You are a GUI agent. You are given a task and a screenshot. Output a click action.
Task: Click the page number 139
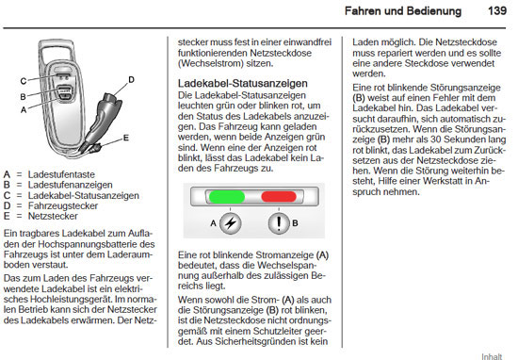[x=494, y=11]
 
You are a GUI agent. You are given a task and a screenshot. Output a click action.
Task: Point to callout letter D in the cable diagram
[x=130, y=78]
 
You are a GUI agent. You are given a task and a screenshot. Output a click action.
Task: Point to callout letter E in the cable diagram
[x=125, y=138]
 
